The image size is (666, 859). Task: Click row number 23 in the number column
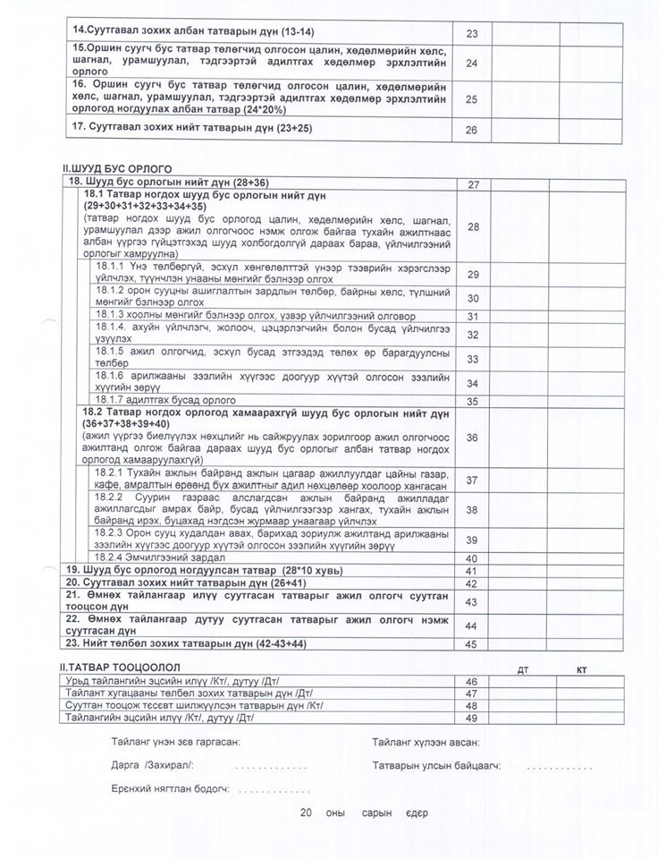(x=472, y=33)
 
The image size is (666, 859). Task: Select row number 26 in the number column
(x=472, y=130)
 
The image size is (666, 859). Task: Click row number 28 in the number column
(x=473, y=227)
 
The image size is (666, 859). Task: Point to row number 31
(x=473, y=316)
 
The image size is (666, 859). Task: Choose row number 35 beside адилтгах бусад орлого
(x=473, y=400)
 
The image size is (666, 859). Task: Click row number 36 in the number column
(x=473, y=437)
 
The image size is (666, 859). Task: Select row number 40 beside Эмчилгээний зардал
(x=473, y=557)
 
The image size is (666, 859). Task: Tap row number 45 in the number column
(x=473, y=642)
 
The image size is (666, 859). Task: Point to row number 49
(x=473, y=718)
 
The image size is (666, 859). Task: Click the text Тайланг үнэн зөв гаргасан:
(x=176, y=743)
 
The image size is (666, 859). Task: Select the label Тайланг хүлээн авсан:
(x=426, y=743)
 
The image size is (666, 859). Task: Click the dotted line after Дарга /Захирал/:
(x=271, y=768)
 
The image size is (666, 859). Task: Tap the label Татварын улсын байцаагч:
(x=436, y=767)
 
